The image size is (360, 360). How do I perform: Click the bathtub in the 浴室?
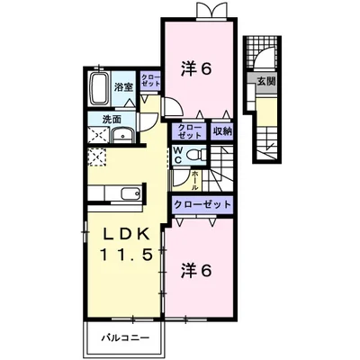click(x=100, y=89)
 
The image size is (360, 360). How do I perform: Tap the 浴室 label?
click(x=124, y=88)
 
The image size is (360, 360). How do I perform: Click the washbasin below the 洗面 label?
click(x=121, y=136)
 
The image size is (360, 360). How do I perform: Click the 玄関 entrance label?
click(x=266, y=82)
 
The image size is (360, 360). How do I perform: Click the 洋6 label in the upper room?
click(x=200, y=68)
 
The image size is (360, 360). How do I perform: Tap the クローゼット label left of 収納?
click(x=189, y=130)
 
